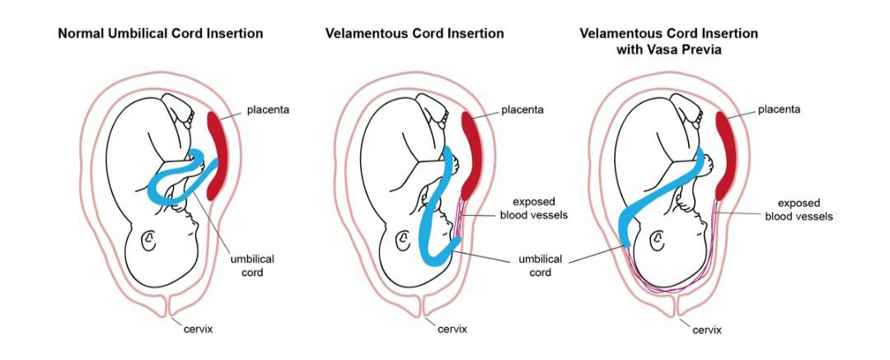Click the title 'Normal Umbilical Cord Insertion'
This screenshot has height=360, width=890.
[161, 34]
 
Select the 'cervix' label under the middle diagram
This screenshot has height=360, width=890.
[451, 330]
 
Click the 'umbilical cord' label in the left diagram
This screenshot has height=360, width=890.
[252, 265]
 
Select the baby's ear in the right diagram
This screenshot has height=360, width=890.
[658, 241]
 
